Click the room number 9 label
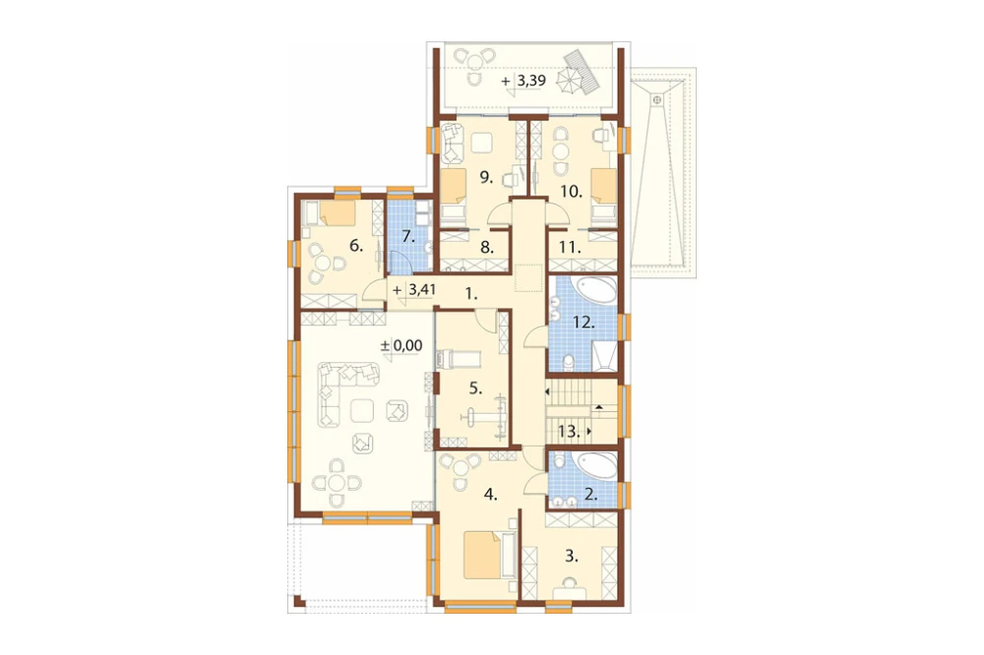486,177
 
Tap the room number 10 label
571,192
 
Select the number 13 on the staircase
568,431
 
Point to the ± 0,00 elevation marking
401,345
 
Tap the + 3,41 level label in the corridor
414,290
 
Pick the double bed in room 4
483,556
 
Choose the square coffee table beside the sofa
361,411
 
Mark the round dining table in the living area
337,483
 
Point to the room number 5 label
475,389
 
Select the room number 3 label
571,556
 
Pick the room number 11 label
568,247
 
